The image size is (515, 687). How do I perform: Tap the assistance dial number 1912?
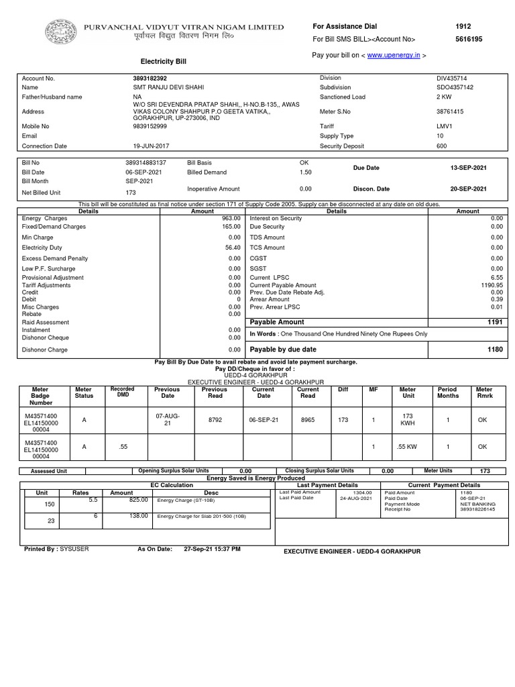point(463,26)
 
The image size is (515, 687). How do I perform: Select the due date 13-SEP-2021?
point(467,168)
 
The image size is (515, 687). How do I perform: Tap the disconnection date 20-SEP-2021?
point(467,189)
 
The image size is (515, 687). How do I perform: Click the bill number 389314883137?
point(146,163)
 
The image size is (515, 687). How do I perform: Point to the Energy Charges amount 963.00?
point(231,219)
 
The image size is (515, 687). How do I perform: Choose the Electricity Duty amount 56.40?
point(232,248)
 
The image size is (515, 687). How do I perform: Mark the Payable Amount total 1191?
point(495,323)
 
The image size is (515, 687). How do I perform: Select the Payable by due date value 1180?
point(495,350)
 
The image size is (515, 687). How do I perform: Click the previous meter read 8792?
point(215,419)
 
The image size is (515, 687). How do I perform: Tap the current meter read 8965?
point(308,419)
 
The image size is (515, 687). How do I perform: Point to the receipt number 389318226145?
point(477,510)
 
